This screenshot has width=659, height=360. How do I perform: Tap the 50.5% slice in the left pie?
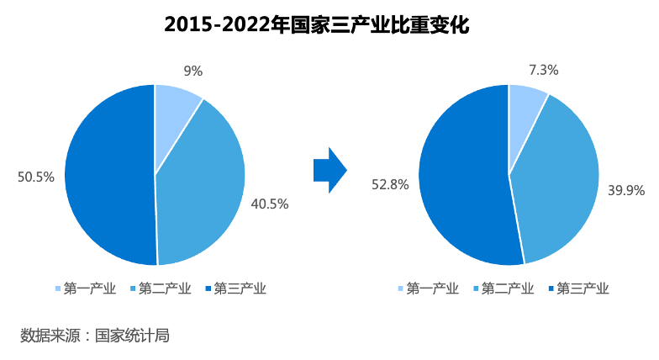tap(105, 177)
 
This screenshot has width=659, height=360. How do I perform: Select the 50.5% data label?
tap(36, 177)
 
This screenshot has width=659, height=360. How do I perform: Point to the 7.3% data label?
tap(545, 70)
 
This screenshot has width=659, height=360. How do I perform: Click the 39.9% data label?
tap(626, 190)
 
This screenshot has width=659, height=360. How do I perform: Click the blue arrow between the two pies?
tap(329, 169)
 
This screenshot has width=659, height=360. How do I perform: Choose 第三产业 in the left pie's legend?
tap(236, 289)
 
